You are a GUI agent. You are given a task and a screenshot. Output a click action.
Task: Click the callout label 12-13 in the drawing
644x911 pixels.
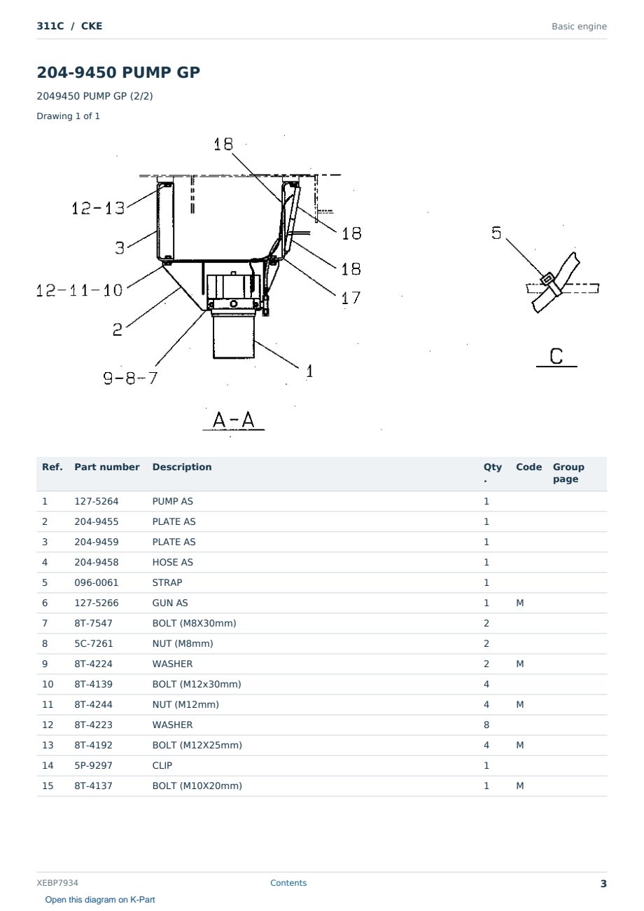[98, 208]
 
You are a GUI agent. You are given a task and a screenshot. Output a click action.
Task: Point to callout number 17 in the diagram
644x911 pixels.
[351, 298]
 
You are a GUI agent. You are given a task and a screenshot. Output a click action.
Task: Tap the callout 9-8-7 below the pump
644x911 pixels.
[130, 378]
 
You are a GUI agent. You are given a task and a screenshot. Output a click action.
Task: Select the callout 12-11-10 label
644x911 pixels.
[79, 290]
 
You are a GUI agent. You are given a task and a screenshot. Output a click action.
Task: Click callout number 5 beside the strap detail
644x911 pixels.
[496, 233]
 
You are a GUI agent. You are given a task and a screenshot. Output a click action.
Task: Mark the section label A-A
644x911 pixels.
[234, 420]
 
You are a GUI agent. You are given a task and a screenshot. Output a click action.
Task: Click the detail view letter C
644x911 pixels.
[556, 356]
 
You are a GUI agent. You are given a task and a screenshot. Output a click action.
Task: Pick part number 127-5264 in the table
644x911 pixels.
[97, 501]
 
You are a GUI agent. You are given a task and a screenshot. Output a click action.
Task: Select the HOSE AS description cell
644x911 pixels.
[173, 562]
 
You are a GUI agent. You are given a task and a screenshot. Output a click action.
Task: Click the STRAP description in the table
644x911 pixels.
[167, 582]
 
